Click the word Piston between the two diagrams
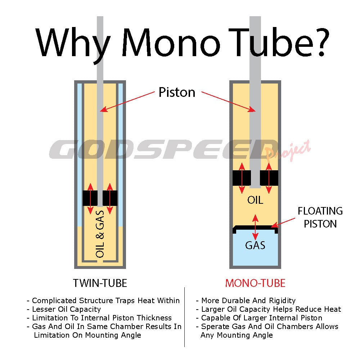177,93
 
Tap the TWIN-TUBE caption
100,283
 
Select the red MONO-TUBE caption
255,283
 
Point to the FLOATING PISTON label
320,217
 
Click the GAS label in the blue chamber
255,245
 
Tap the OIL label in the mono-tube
255,200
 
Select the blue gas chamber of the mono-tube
255,252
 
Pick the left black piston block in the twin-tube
90,198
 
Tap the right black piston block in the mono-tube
269,178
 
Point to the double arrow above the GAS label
255,227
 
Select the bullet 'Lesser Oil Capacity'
66,309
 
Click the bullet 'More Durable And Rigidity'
248,300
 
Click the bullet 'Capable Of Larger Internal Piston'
261,318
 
